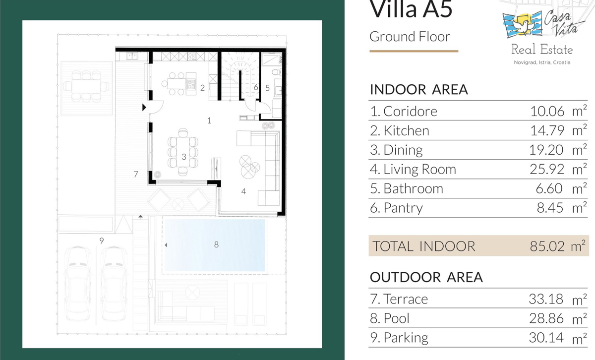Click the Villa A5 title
[411, 9]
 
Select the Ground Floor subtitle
[410, 37]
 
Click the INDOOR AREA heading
[418, 90]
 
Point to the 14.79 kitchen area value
[547, 130]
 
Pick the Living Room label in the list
[419, 169]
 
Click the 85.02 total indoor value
[547, 246]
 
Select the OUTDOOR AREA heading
[426, 277]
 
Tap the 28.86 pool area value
[546, 318]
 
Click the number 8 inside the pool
[216, 244]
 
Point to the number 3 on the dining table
[184, 157]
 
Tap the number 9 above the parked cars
[102, 240]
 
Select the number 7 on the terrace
[136, 174]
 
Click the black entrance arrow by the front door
[144, 107]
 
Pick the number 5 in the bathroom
[267, 88]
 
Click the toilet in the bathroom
[276, 72]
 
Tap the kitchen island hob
[191, 84]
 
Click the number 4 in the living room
[243, 191]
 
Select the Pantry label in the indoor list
[403, 208]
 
